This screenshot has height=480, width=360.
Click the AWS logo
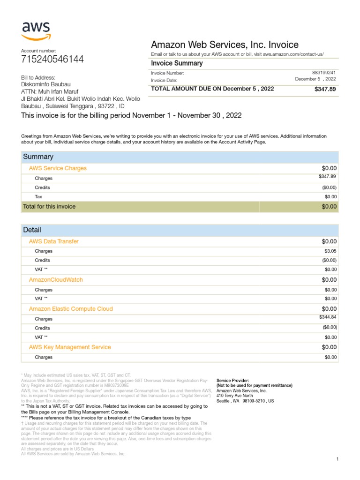(x=36, y=31)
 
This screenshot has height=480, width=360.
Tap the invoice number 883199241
(x=324, y=73)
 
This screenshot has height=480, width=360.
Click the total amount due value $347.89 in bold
(x=325, y=89)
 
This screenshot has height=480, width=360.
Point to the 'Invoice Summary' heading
(x=177, y=63)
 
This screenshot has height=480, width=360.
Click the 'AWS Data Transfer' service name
(x=54, y=241)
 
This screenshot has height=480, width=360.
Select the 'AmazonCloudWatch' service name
(x=56, y=280)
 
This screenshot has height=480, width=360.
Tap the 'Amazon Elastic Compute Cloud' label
(x=71, y=309)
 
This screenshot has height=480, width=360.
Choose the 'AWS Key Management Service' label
(x=70, y=347)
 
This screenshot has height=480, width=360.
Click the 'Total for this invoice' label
(x=49, y=206)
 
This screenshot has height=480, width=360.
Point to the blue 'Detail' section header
(x=32, y=230)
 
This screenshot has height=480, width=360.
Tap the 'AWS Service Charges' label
(x=58, y=168)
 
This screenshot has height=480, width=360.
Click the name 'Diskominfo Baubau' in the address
(x=46, y=84)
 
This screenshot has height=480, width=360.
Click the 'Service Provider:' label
(x=232, y=380)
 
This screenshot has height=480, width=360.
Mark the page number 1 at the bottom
(x=337, y=459)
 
